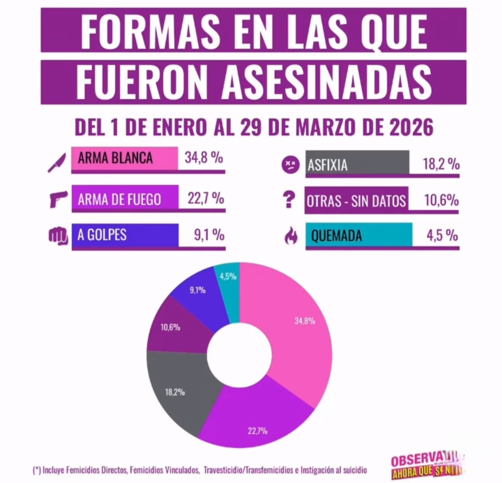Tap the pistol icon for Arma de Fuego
click(57, 199)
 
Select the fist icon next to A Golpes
click(57, 235)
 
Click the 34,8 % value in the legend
click(204, 158)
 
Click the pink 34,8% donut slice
click(297, 335)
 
